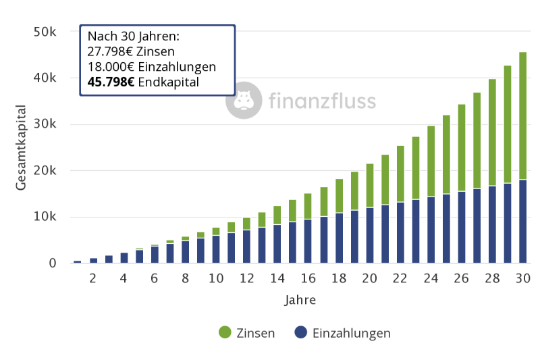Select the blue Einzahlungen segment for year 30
(x=523, y=221)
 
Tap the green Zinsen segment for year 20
(x=369, y=185)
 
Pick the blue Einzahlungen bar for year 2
(x=93, y=260)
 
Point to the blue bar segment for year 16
(x=308, y=240)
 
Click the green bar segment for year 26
(x=462, y=147)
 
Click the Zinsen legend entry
(x=247, y=333)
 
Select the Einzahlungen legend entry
(x=343, y=333)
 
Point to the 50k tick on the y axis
(x=45, y=32)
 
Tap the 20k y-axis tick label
(x=45, y=170)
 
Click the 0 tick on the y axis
(x=52, y=263)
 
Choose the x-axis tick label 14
(x=277, y=278)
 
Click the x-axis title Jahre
(x=300, y=299)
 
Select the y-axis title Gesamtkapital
(x=22, y=147)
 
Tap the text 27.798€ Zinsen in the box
(x=131, y=51)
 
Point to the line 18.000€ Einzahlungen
(x=151, y=67)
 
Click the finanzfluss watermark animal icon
(x=244, y=101)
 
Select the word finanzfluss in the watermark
(x=322, y=101)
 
